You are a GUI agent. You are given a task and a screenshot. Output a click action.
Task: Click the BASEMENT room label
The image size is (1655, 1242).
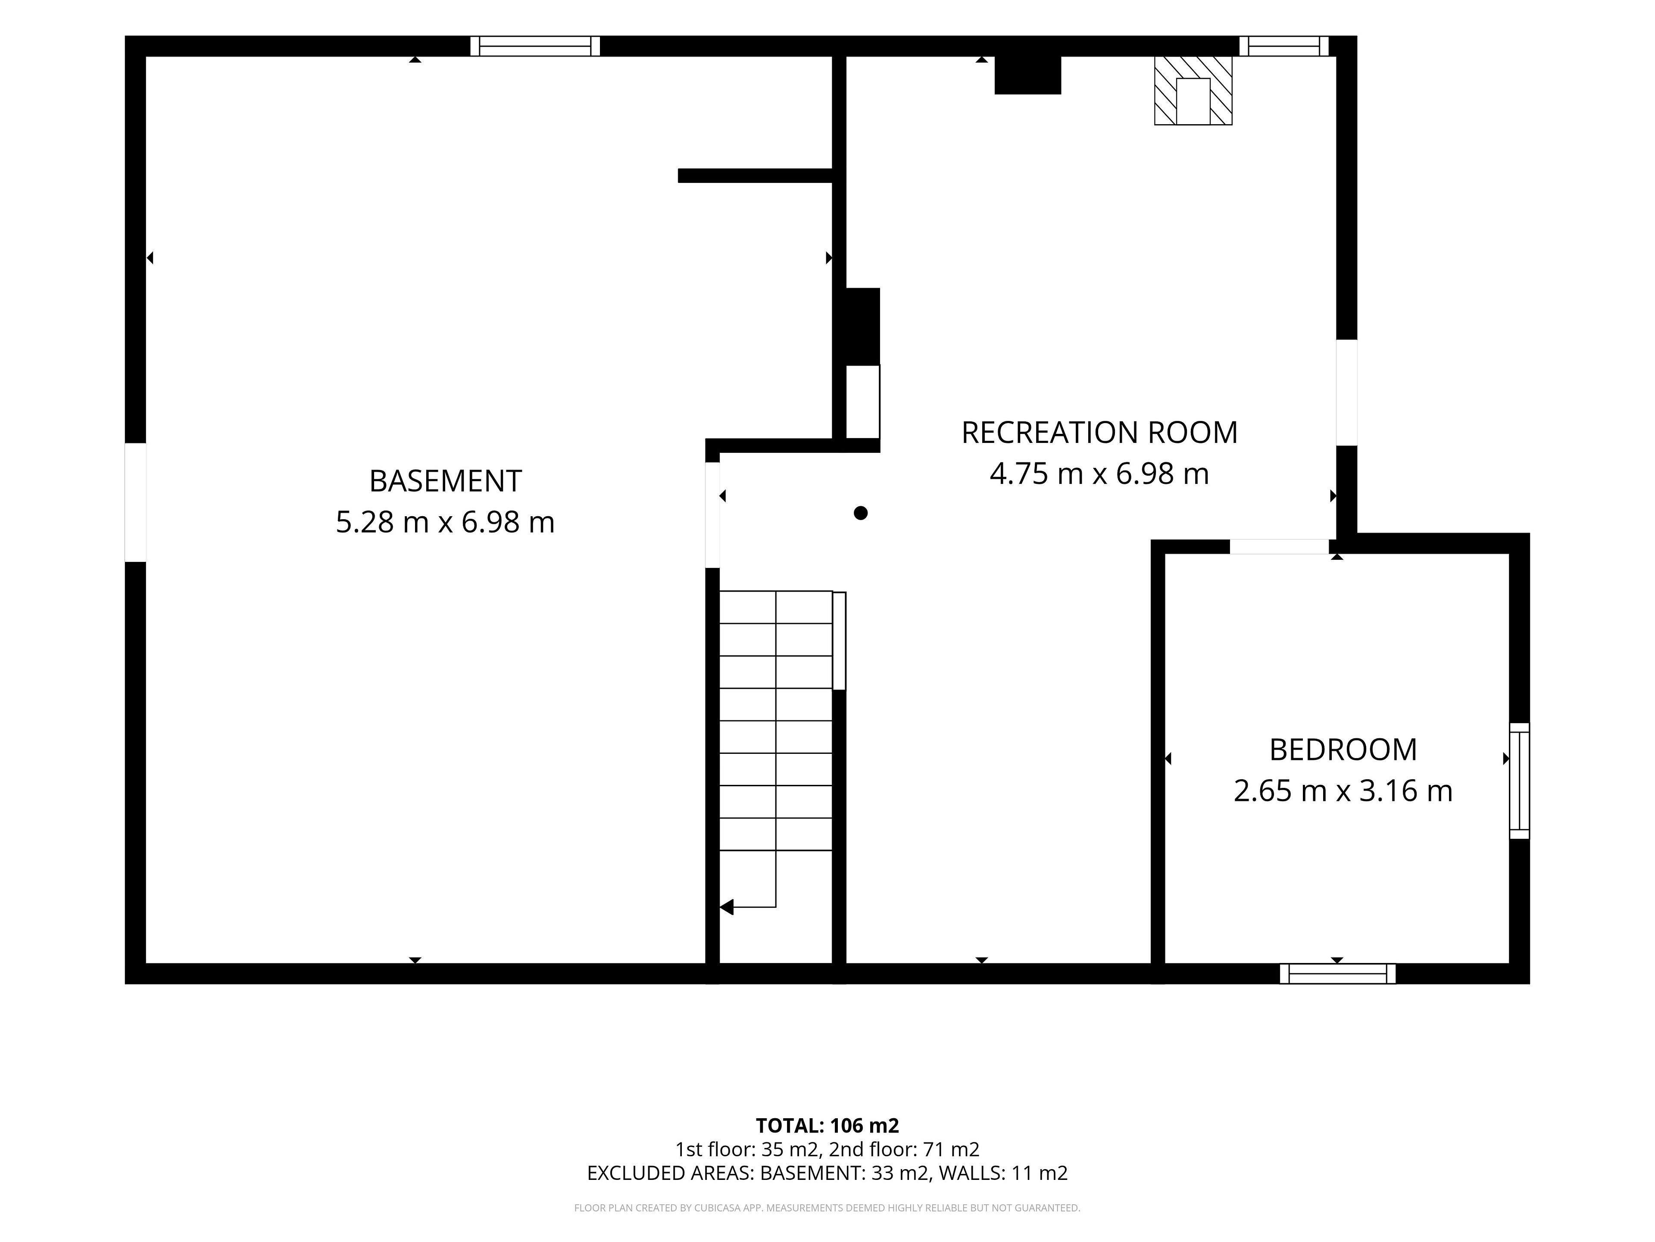445,481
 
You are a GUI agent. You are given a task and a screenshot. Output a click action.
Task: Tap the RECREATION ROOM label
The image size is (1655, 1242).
1099,433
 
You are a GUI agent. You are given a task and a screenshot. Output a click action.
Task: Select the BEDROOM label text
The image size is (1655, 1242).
1343,750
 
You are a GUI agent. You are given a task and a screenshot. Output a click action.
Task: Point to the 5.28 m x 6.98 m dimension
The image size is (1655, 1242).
445,522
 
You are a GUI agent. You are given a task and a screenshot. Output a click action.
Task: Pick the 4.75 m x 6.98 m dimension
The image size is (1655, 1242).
1099,474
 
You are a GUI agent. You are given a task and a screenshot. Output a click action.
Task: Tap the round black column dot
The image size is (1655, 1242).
860,513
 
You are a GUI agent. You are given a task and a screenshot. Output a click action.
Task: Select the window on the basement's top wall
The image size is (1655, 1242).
535,47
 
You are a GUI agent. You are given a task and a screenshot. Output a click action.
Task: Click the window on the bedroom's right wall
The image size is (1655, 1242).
1520,781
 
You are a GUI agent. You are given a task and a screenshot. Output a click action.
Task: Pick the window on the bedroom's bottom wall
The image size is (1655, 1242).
1338,974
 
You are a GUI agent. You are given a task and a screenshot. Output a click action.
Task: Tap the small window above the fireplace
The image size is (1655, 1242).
1284,47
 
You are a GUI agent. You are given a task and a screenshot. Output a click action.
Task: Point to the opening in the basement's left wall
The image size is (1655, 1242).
135,502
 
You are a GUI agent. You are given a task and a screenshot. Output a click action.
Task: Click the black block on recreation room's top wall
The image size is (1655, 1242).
1027,75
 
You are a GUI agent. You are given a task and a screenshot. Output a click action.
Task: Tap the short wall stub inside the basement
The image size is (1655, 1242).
755,175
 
